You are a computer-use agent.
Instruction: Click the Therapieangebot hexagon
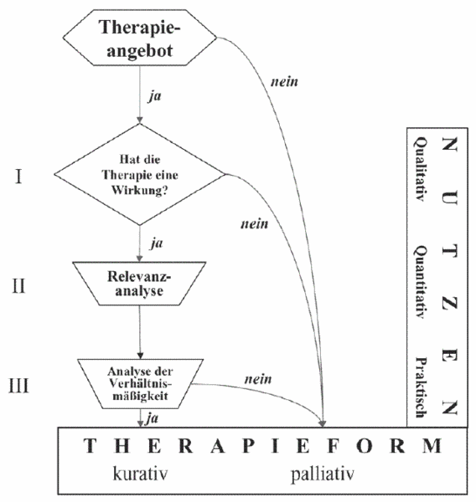(140, 38)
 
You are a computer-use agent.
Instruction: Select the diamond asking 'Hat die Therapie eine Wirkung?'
(140, 175)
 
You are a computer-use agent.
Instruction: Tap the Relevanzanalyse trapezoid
(139, 284)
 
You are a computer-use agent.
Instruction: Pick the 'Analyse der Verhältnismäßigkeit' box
(140, 384)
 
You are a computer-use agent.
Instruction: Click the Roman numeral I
(18, 177)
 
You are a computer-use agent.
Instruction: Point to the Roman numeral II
(18, 285)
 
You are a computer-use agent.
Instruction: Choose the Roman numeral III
(18, 386)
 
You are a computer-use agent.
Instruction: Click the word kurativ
(140, 474)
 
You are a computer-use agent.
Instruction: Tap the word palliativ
(323, 474)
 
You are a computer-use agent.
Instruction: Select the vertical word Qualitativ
(420, 169)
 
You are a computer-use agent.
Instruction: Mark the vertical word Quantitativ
(420, 283)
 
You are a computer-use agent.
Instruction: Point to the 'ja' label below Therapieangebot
(155, 96)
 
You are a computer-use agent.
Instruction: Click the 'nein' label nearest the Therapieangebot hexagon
(284, 82)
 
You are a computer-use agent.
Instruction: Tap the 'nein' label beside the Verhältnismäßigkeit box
(258, 379)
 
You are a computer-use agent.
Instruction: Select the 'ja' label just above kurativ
(152, 418)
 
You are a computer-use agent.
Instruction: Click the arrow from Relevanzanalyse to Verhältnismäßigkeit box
(140, 332)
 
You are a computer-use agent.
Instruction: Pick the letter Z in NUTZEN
(449, 303)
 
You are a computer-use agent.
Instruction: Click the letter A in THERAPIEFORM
(218, 446)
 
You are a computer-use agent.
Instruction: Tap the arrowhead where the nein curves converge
(323, 423)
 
